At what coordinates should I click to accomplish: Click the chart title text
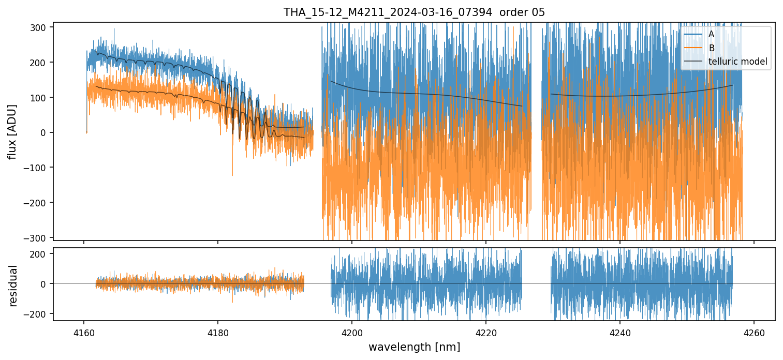click(414, 12)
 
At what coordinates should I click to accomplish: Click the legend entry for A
click(711, 35)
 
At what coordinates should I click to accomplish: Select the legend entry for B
click(711, 49)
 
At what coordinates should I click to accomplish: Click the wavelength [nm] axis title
click(414, 347)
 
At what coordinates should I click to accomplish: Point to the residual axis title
click(13, 285)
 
